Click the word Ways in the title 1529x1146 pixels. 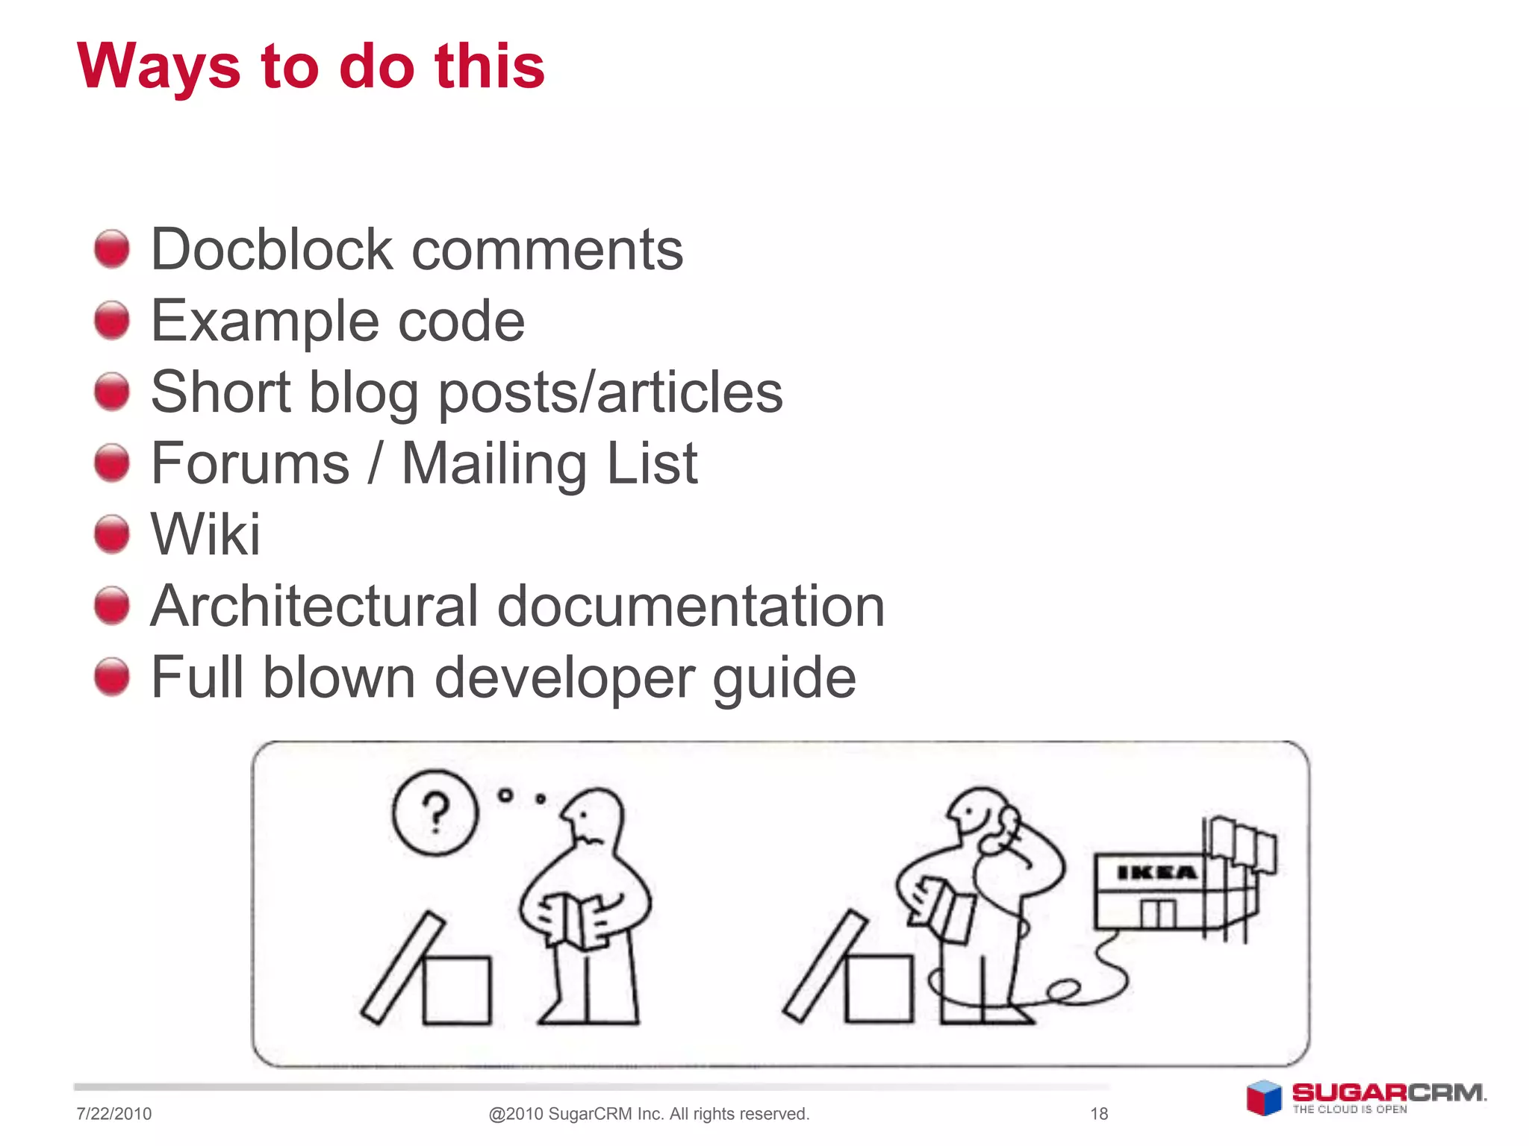(x=158, y=67)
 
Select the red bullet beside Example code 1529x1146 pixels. (x=112, y=320)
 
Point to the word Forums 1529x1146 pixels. (x=250, y=463)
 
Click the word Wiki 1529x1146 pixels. (x=205, y=534)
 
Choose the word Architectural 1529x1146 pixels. (x=314, y=606)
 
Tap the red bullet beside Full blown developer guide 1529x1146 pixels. (x=112, y=677)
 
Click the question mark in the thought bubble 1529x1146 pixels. (x=435, y=812)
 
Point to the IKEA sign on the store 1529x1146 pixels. (x=1156, y=872)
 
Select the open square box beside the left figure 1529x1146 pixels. (x=457, y=989)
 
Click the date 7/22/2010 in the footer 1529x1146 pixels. (x=113, y=1114)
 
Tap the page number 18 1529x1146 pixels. (x=1099, y=1114)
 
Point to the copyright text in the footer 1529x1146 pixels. (x=649, y=1114)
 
